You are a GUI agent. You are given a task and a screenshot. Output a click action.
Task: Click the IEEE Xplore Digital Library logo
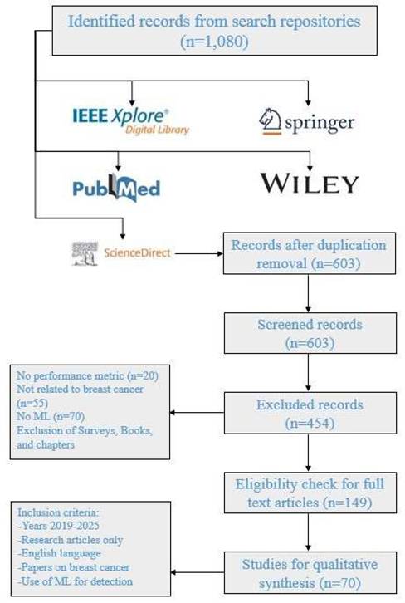(x=130, y=120)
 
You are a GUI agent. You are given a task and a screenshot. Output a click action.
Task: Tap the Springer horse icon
(x=270, y=121)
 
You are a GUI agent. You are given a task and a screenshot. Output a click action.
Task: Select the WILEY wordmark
(x=310, y=184)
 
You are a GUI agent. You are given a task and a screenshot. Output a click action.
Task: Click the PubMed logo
(x=116, y=188)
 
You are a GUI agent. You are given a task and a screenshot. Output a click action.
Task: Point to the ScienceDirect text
(x=137, y=253)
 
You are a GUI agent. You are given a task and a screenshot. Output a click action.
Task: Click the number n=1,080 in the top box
(x=214, y=42)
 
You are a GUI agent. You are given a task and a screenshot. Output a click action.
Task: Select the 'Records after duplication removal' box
(x=310, y=253)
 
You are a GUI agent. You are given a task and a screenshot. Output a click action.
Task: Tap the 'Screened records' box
(x=310, y=333)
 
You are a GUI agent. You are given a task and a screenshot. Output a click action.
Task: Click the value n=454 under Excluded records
(x=310, y=423)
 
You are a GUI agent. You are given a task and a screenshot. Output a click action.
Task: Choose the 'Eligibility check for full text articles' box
(x=310, y=493)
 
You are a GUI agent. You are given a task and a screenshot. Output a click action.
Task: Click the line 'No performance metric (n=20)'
(x=87, y=375)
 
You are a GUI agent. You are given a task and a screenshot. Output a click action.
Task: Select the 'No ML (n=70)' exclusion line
(x=51, y=416)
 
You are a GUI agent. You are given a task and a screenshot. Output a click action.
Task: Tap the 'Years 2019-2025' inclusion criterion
(x=59, y=526)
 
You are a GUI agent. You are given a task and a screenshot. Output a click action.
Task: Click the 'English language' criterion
(x=60, y=554)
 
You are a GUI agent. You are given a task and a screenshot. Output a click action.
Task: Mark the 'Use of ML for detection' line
(x=76, y=581)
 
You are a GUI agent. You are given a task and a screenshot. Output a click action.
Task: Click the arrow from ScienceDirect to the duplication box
(x=199, y=254)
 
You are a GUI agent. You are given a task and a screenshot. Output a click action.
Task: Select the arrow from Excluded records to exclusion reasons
(x=197, y=413)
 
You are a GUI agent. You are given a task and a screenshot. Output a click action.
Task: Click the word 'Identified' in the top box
(x=101, y=21)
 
